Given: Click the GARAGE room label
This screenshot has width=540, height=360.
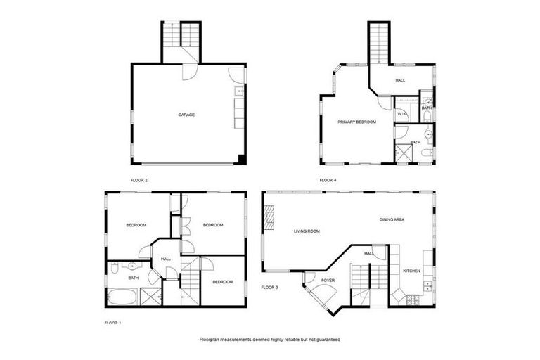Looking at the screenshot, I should point(186,115).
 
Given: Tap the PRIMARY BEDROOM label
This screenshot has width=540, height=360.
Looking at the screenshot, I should point(356,122).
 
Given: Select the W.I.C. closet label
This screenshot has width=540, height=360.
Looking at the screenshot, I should point(402,113).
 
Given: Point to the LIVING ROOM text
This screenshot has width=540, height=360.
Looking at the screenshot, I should point(307,231).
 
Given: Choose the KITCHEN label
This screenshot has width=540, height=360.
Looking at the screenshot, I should point(411,271).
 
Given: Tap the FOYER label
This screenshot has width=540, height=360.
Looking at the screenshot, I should point(328,281).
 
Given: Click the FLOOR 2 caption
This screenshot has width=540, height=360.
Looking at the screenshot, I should point(139,180).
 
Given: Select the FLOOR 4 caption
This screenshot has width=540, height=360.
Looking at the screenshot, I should point(328,180).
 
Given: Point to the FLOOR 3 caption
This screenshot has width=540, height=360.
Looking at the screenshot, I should point(270,287).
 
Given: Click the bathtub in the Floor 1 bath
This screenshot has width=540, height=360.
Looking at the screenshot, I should point(122,297).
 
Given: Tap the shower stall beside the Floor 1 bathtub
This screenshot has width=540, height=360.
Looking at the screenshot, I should point(150,297).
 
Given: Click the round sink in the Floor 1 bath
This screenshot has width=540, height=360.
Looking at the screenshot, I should point(131,266).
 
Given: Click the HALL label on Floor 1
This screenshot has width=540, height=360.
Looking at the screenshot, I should point(166,259).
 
